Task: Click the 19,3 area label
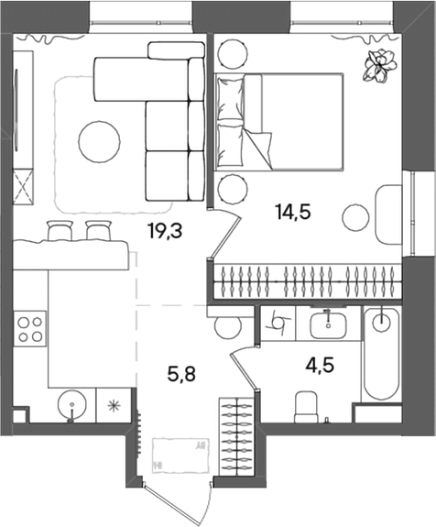165,231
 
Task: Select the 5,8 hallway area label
181,374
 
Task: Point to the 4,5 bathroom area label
320,366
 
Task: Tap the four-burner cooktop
30,329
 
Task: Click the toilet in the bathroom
306,407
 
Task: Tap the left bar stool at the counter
60,231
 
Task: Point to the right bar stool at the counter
98,231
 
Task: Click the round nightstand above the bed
233,53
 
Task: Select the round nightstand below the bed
233,189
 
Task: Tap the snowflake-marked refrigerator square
114,405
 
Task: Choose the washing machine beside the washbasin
278,324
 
